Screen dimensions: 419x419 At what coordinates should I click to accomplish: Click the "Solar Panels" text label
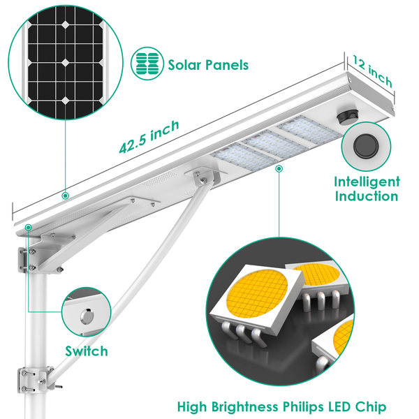[208, 65]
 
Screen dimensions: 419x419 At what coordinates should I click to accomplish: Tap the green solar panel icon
[147, 64]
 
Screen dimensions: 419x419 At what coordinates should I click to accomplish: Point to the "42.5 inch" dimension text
[149, 137]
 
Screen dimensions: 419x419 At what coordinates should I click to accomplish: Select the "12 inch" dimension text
[372, 71]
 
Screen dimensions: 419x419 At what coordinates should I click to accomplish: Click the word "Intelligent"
[367, 183]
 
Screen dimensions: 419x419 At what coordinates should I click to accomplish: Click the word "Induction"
[367, 196]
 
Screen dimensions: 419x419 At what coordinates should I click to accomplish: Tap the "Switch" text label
[87, 351]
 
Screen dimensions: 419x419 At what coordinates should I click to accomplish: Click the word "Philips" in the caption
[303, 408]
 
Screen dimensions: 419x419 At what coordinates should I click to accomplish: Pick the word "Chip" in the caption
[371, 407]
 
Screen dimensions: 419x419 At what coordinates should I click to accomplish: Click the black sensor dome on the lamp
[347, 118]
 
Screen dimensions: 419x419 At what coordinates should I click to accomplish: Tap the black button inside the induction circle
[366, 146]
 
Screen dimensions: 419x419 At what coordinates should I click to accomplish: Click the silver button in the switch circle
[87, 316]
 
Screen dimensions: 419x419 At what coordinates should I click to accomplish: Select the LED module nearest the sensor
[309, 130]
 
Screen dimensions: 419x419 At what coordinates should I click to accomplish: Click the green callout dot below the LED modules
[279, 168]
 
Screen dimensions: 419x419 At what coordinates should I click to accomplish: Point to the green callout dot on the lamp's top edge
[65, 196]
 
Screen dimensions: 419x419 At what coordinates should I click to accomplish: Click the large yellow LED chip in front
[256, 293]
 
